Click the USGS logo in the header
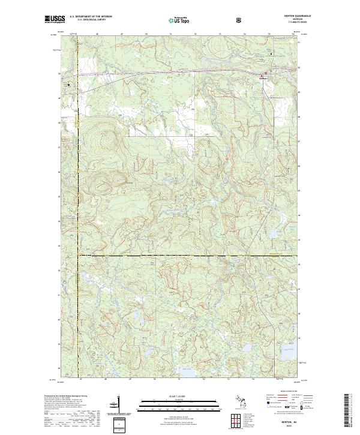[54, 20]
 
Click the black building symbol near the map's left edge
[69, 85]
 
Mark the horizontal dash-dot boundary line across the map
[180, 256]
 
